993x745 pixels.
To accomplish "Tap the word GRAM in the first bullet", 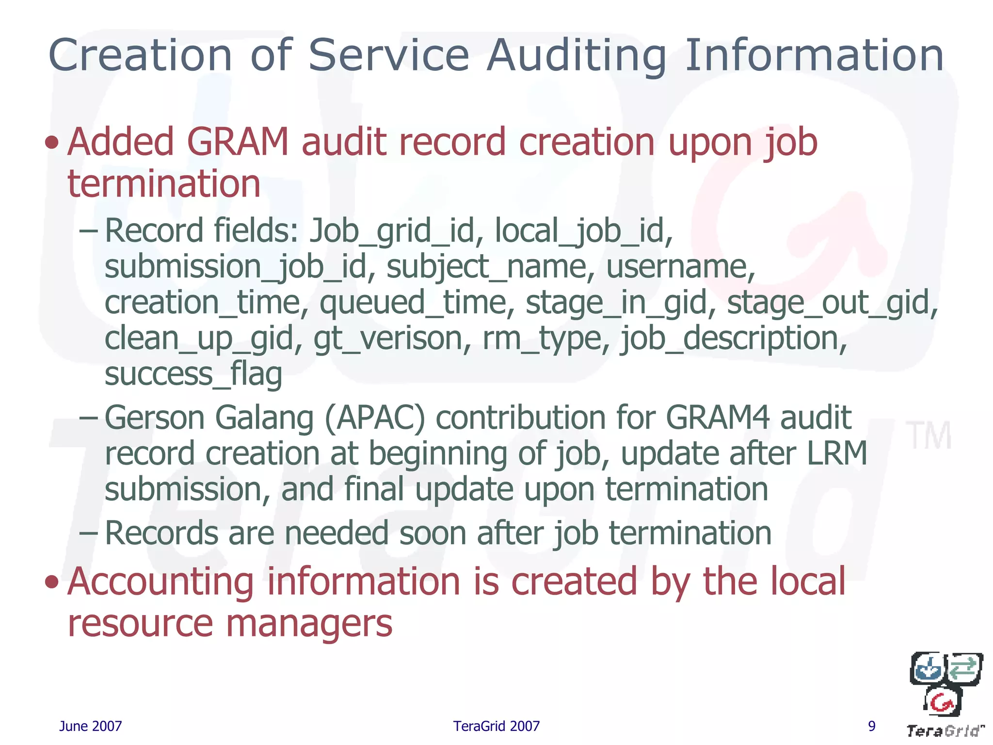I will [238, 142].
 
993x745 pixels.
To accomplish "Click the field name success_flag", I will [193, 374].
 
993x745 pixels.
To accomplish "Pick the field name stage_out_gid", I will [832, 303].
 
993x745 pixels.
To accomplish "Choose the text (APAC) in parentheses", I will [374, 418].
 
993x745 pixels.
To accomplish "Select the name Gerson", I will [154, 418].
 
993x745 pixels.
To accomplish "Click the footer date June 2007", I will [90, 726].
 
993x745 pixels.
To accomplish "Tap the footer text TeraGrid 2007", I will [496, 726].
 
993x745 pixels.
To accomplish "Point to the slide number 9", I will [871, 726].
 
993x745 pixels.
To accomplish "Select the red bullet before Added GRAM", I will [51, 143].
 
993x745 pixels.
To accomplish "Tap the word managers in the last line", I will [309, 623].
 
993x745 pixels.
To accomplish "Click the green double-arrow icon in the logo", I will [963, 668].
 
